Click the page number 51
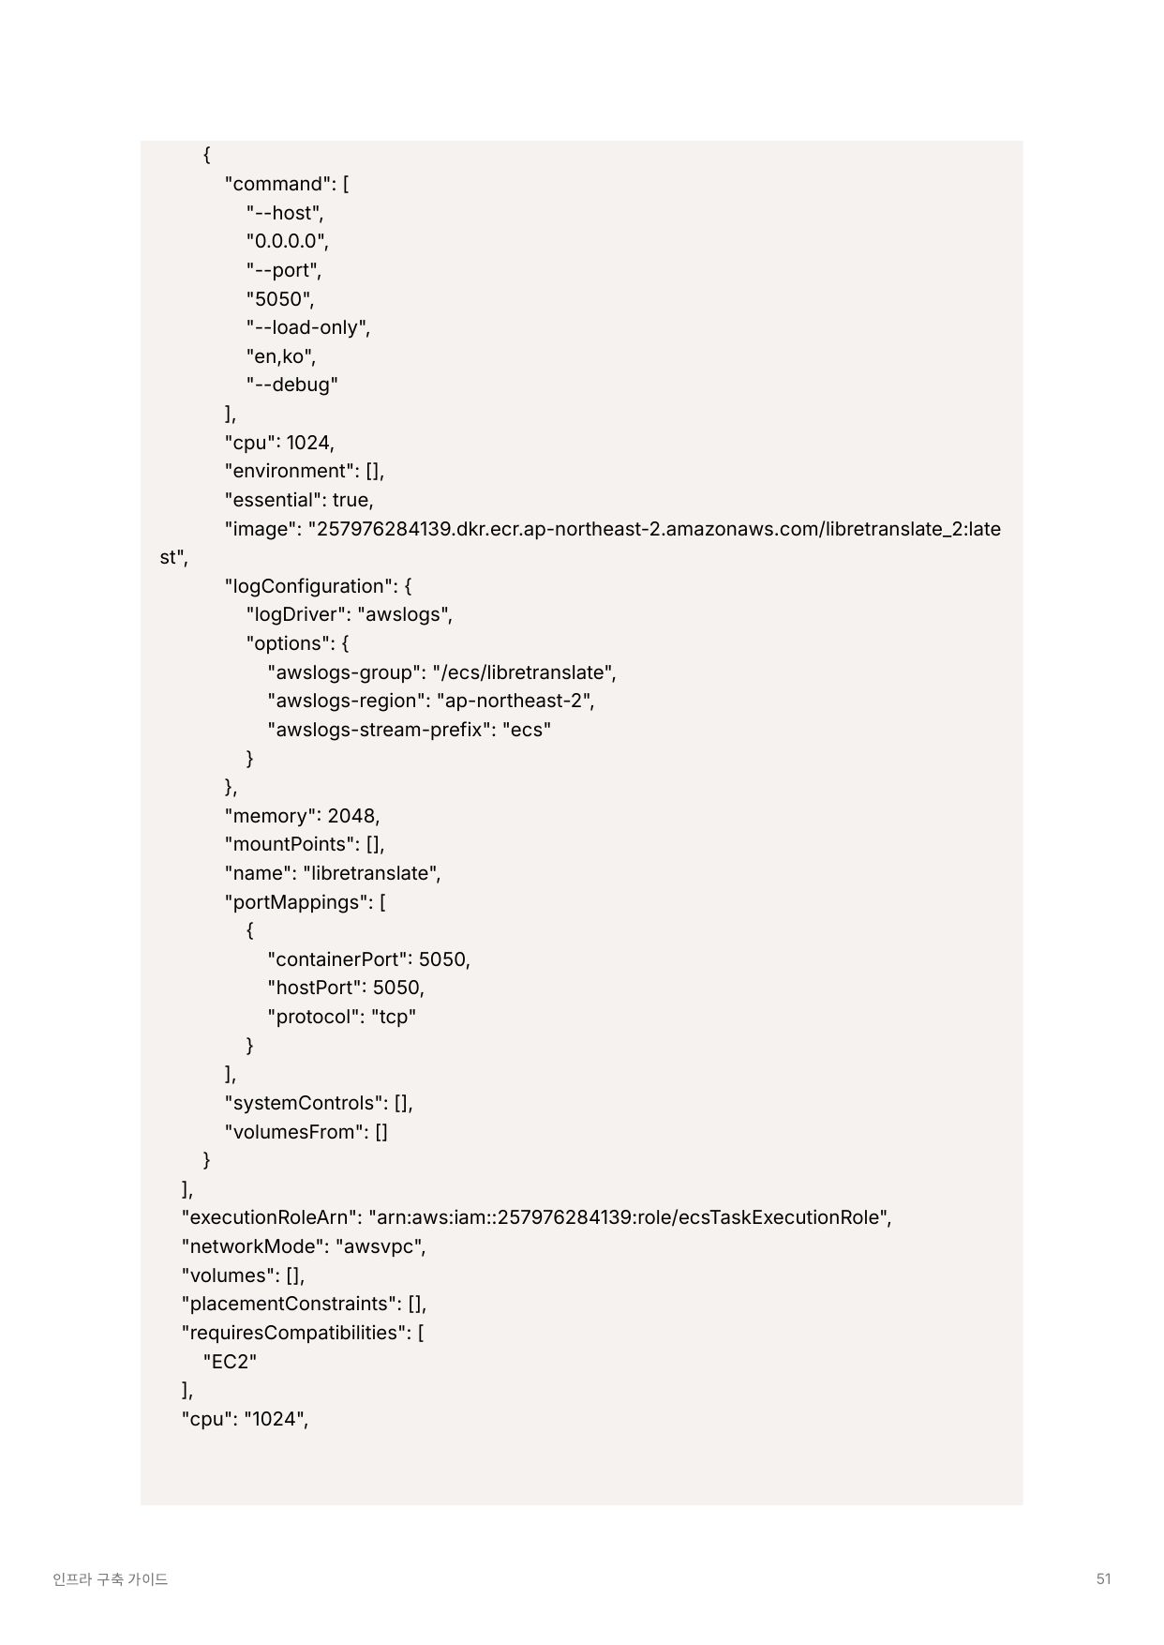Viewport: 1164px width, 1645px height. tap(1103, 1578)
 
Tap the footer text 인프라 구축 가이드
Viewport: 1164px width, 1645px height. tap(111, 1579)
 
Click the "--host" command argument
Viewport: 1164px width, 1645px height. tap(285, 213)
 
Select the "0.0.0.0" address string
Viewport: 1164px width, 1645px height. tap(287, 241)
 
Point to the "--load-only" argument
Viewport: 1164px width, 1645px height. tap(308, 327)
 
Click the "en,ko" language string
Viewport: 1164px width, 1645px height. tap(280, 356)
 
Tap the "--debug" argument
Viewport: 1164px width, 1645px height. tap(291, 385)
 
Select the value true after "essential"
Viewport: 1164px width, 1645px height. tap(351, 500)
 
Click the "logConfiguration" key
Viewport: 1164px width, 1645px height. tap(308, 586)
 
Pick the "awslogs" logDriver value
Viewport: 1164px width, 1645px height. tap(404, 614)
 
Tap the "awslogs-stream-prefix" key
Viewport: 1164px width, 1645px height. tap(378, 730)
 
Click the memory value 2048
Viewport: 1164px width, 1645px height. tap(351, 816)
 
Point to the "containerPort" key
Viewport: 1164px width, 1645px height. tap(337, 959)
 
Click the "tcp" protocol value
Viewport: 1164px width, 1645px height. tap(394, 1017)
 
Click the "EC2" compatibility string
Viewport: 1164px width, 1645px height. tap(230, 1361)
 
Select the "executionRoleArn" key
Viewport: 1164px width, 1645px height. tap(271, 1217)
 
